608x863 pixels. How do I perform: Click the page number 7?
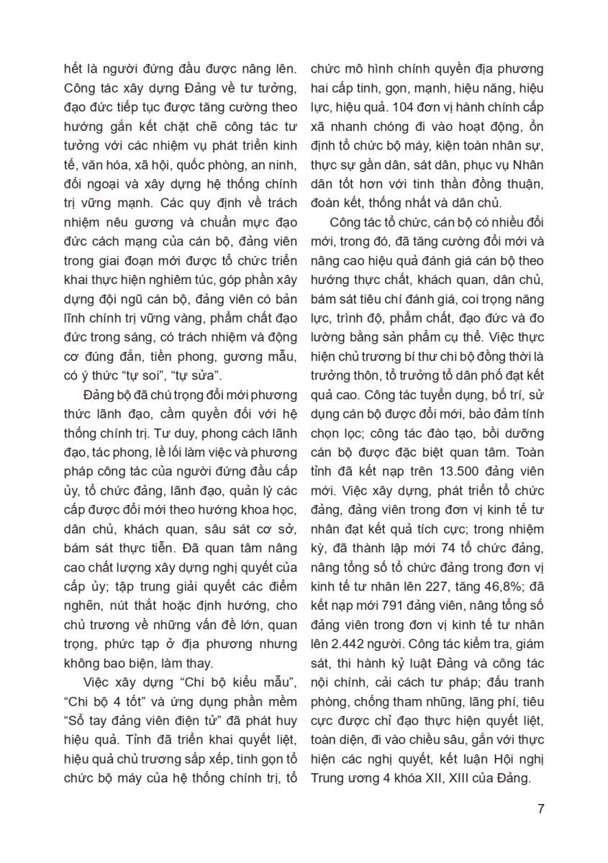tap(540, 808)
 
